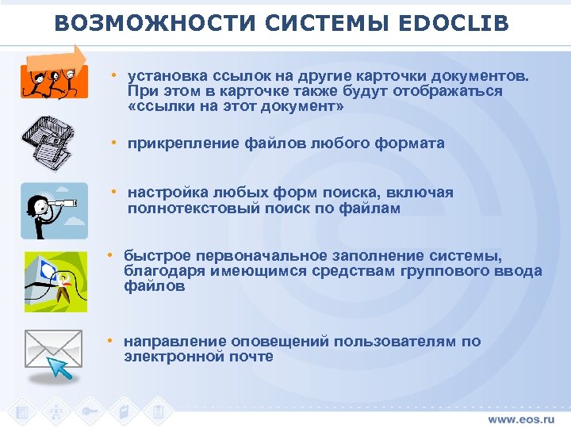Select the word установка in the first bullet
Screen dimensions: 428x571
click(x=164, y=76)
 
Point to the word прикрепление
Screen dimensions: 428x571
click(x=171, y=143)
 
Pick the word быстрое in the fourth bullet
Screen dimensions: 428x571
click(x=155, y=255)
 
